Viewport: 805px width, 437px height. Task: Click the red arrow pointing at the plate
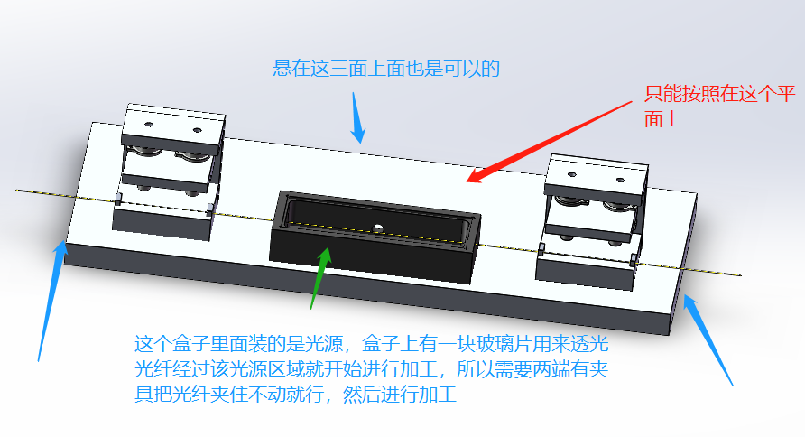click(x=550, y=142)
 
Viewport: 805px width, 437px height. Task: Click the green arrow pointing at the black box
click(x=320, y=278)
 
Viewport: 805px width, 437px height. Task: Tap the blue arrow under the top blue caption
click(x=358, y=117)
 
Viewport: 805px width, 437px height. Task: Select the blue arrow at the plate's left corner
click(x=51, y=301)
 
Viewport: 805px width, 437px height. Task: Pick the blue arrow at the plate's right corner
click(x=708, y=339)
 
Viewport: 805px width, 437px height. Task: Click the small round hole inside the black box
click(x=378, y=227)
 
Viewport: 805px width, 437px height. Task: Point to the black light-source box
click(x=375, y=237)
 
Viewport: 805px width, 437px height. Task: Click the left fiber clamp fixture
click(x=169, y=171)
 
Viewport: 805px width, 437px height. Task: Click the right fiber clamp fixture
click(x=591, y=221)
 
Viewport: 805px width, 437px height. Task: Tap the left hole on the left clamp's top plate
click(x=149, y=125)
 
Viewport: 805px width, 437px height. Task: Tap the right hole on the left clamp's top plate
click(x=197, y=129)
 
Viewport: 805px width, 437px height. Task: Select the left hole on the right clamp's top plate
click(x=572, y=174)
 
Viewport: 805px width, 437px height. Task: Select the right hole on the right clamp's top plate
click(x=620, y=180)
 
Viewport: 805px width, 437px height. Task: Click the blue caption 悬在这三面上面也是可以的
click(x=386, y=69)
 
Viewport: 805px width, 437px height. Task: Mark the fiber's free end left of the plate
click(x=17, y=190)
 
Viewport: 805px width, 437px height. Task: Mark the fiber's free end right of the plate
click(x=740, y=275)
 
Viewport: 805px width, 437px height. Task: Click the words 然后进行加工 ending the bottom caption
click(x=401, y=395)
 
